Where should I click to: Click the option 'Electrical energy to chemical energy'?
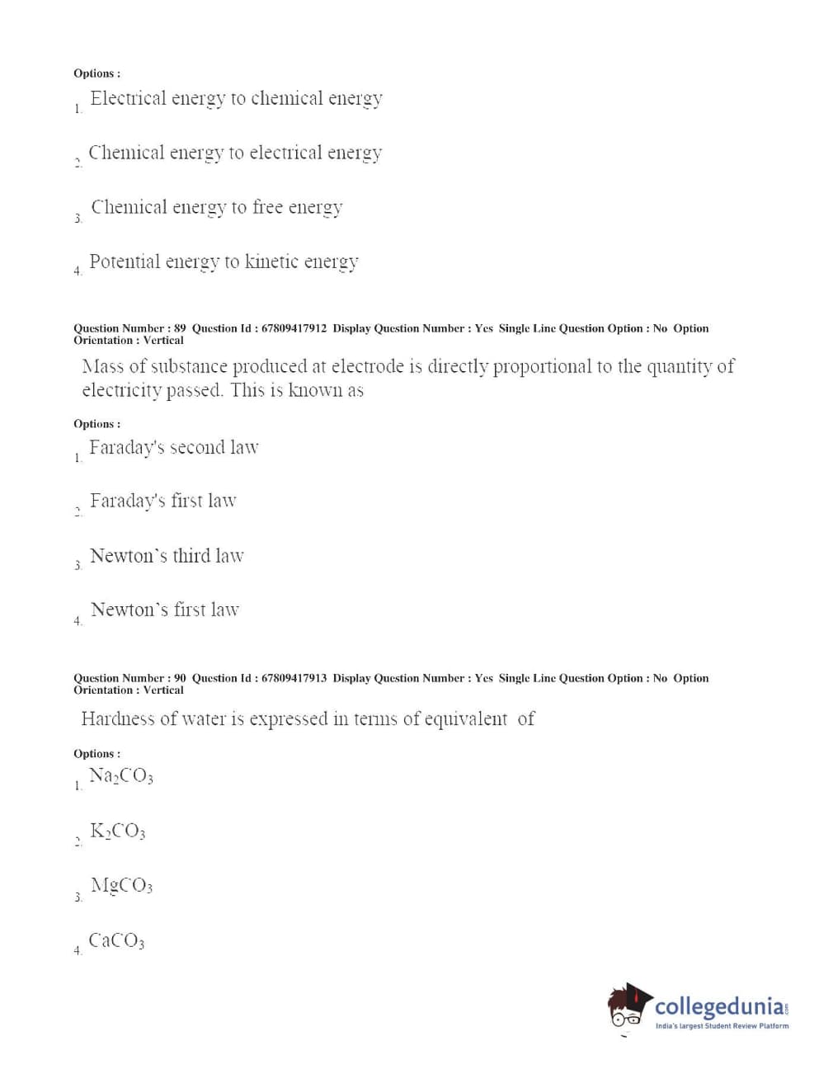(x=236, y=99)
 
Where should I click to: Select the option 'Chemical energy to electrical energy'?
(x=235, y=153)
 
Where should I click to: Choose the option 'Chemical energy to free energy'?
(x=217, y=208)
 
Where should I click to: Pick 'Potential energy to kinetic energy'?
(x=224, y=262)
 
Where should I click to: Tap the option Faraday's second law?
(x=174, y=448)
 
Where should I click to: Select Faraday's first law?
(x=163, y=502)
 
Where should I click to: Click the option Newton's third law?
(x=167, y=556)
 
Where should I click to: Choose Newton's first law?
(x=165, y=610)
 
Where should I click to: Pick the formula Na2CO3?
(x=121, y=776)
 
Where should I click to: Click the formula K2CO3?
(x=118, y=831)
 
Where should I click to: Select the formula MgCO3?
(x=121, y=886)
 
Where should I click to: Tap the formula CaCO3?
(x=116, y=941)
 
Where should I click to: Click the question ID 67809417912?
(x=294, y=328)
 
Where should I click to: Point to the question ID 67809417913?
(x=294, y=678)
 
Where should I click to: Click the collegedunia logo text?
(x=720, y=1006)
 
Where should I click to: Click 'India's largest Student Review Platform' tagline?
(x=722, y=1026)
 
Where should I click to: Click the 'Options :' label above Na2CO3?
(x=96, y=754)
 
